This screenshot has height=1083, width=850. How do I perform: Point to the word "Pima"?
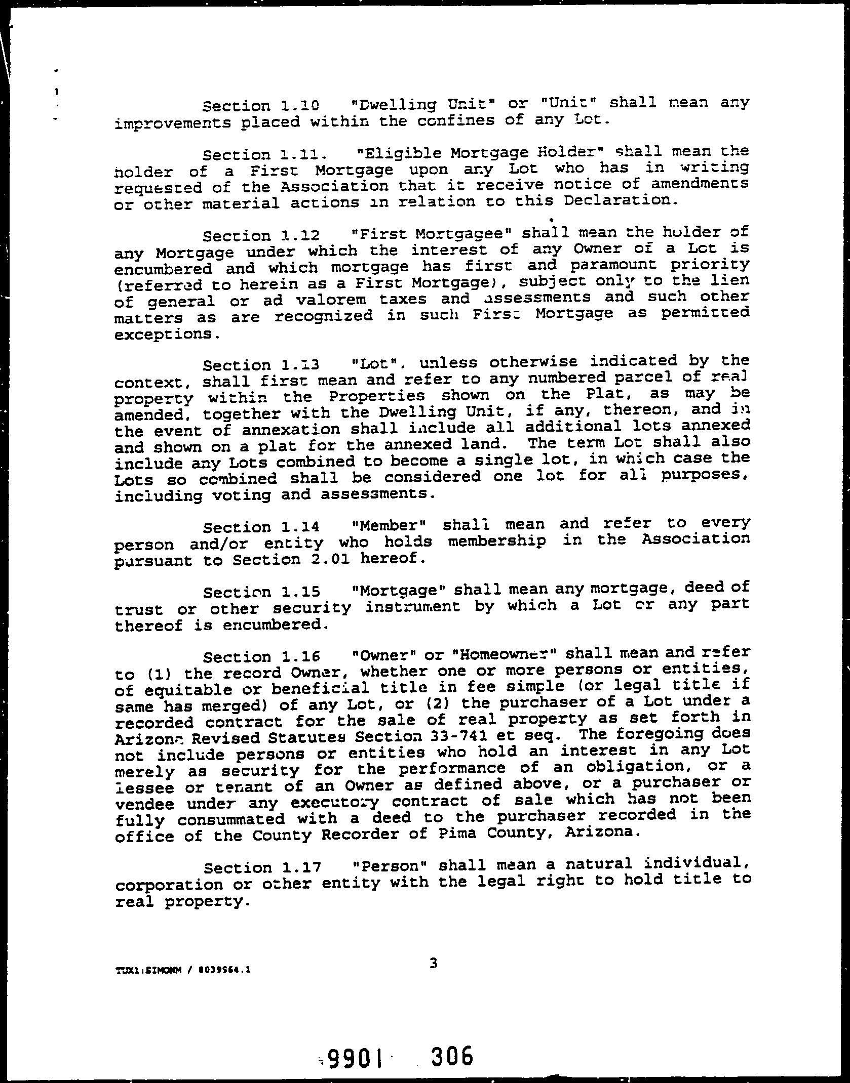pyautogui.click(x=454, y=832)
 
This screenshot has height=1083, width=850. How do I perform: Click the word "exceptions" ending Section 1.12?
pyautogui.click(x=165, y=335)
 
